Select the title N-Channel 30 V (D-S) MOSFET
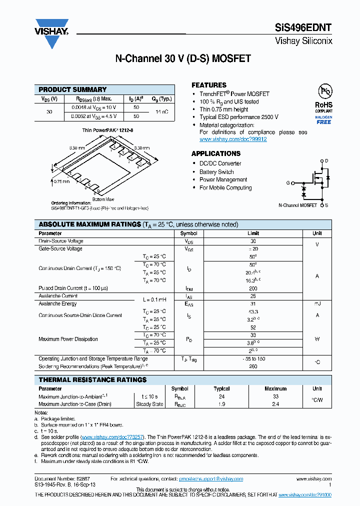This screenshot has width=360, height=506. point(183,58)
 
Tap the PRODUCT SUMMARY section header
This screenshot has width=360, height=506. point(73,89)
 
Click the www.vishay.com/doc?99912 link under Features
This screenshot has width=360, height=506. point(233,139)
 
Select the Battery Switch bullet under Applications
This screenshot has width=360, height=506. point(216,171)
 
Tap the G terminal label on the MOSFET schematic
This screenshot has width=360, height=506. point(288,183)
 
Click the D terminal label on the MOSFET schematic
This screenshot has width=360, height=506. point(327,161)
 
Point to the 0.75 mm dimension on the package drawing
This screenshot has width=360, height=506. point(62,181)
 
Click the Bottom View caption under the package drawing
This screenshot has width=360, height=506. point(103,199)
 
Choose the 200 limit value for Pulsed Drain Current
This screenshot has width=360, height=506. point(253,288)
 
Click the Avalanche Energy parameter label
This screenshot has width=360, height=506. point(58,303)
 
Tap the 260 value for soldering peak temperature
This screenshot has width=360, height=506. point(253,366)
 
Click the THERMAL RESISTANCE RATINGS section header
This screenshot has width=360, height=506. point(93,380)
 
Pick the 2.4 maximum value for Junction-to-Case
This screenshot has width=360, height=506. point(275,404)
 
